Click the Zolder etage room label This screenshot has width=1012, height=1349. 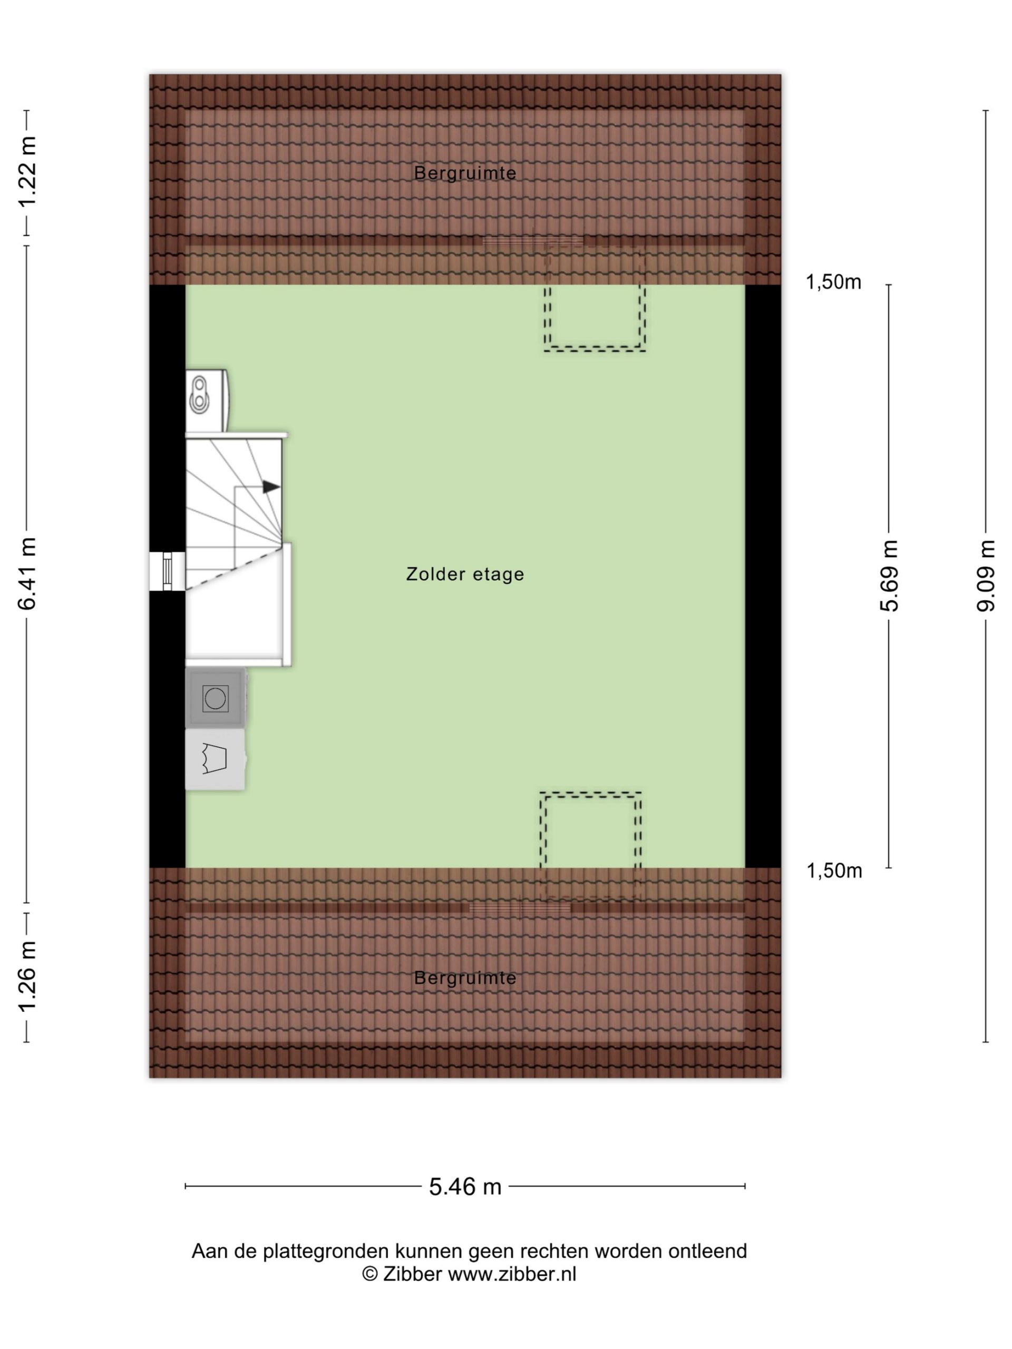[x=465, y=574]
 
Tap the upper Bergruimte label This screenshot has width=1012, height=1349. [x=465, y=173]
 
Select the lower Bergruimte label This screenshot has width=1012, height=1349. [x=465, y=977]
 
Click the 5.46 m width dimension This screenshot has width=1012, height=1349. [x=465, y=1186]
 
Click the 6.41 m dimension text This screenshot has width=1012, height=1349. [x=27, y=574]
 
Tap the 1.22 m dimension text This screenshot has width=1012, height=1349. [x=27, y=172]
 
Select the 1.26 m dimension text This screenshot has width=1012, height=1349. [x=27, y=976]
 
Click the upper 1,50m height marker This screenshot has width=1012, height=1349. [x=833, y=282]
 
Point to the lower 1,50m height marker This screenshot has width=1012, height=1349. [x=834, y=871]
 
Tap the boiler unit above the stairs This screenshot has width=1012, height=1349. [x=207, y=400]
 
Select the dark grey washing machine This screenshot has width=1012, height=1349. [x=216, y=698]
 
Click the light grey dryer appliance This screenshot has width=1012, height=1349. [x=216, y=759]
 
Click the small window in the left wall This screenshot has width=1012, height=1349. [x=167, y=571]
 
